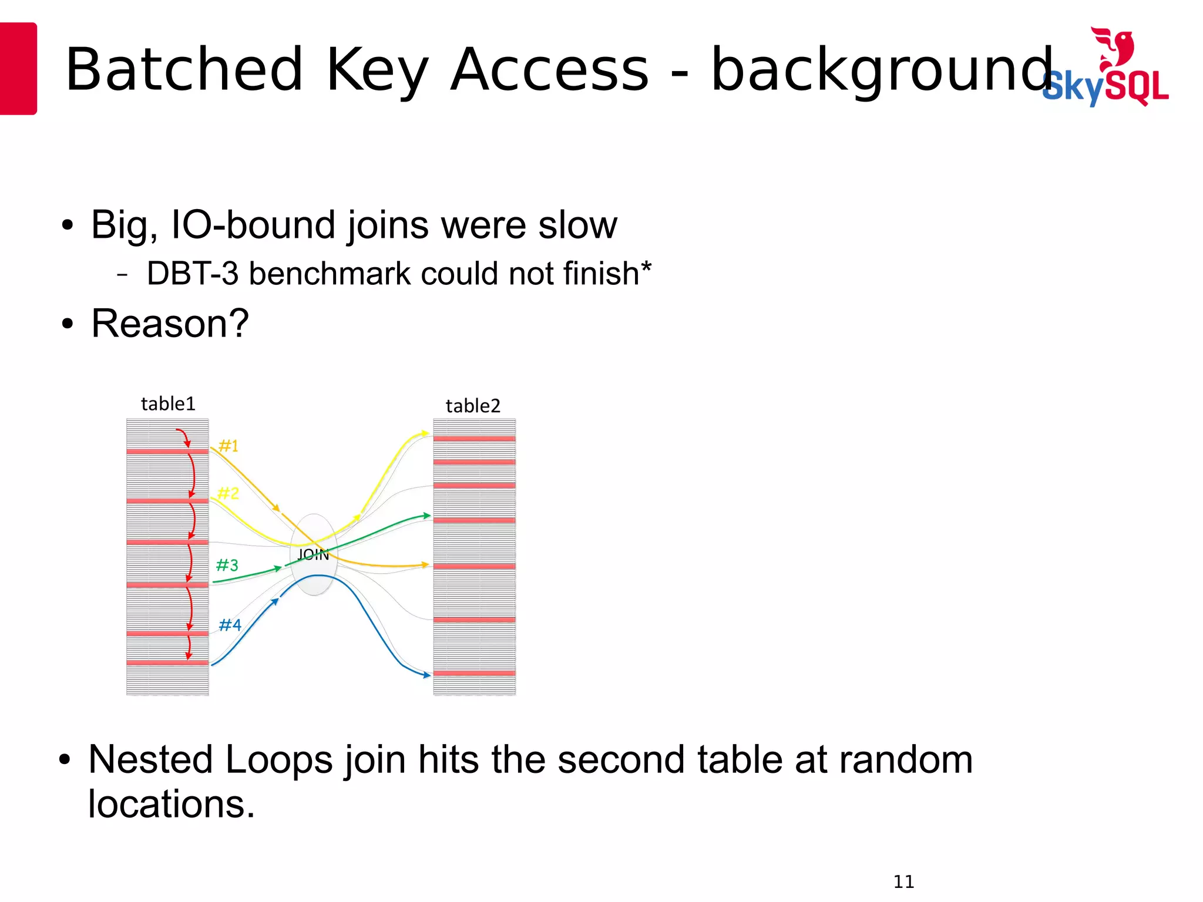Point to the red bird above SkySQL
point(1114,47)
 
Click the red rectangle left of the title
point(18,68)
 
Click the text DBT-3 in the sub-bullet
point(192,274)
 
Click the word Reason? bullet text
point(170,324)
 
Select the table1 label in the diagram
point(168,404)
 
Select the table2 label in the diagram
point(473,406)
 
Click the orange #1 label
point(228,446)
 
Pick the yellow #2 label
point(228,493)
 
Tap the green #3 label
point(227,566)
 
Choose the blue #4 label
point(230,625)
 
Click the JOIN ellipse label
point(313,555)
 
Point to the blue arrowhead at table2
point(427,675)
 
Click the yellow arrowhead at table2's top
point(425,434)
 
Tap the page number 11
point(903,881)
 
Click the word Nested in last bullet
point(150,760)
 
